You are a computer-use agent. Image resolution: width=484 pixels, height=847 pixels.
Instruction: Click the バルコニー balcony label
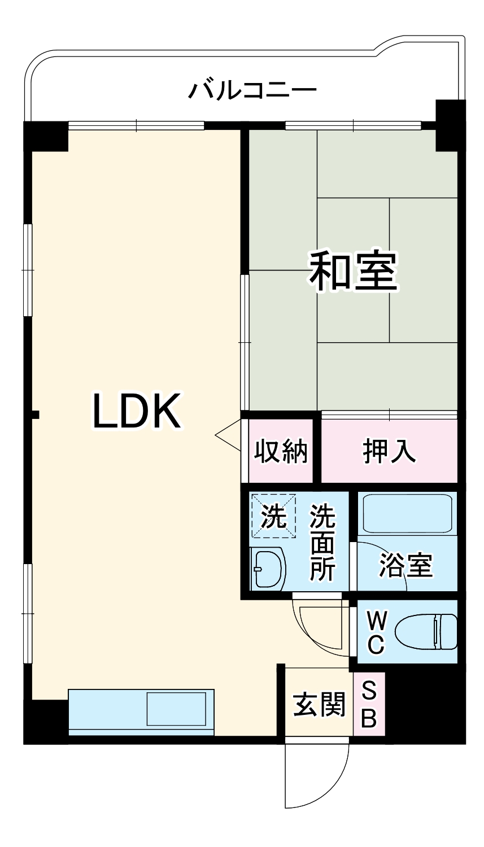click(252, 90)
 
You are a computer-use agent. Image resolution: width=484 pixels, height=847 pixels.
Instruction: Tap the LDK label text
click(136, 412)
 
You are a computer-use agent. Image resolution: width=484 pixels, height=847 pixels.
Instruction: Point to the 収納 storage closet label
click(280, 451)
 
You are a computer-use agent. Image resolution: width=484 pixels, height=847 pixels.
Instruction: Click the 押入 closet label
click(389, 451)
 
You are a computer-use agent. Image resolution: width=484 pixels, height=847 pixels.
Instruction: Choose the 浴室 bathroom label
click(405, 565)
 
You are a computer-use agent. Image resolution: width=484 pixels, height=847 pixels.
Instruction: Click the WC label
click(376, 632)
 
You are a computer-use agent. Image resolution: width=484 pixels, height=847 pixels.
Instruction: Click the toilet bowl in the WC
click(426, 632)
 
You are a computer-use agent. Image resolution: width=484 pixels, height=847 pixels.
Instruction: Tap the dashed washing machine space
click(273, 516)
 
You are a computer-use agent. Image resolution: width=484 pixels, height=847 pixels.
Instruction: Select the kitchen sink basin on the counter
click(176, 708)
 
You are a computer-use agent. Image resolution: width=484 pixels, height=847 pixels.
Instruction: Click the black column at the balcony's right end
click(450, 125)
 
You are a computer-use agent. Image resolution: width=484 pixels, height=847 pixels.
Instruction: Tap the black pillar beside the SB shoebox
click(425, 706)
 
